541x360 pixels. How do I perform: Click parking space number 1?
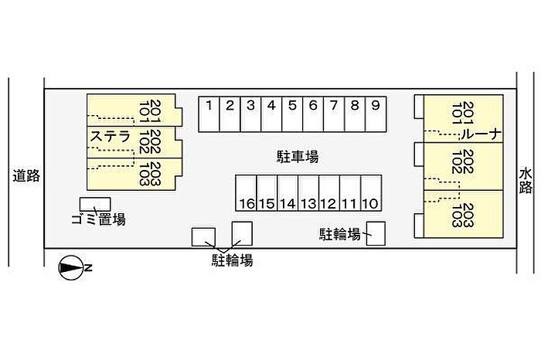(209, 114)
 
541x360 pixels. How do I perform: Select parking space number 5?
(292, 114)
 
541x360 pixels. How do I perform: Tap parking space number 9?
(376, 114)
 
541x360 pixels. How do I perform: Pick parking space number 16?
(246, 193)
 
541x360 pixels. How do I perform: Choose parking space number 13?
(308, 193)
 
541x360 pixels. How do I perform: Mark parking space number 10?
(371, 193)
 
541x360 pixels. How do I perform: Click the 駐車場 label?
(298, 157)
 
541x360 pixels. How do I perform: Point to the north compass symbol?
(71, 267)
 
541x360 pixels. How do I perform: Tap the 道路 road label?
(26, 176)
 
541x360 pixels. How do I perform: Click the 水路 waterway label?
(526, 181)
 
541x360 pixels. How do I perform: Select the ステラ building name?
(110, 137)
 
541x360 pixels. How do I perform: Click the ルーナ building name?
(481, 134)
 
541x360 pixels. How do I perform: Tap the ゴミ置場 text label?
(99, 219)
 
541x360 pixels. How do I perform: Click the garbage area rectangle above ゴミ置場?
(95, 204)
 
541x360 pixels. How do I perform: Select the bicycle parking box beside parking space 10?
(376, 233)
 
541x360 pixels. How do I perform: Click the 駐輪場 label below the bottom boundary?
(232, 260)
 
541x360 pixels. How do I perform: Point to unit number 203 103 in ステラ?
(150, 174)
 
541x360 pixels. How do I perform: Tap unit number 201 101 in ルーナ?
(463, 113)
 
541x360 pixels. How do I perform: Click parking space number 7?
(334, 114)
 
